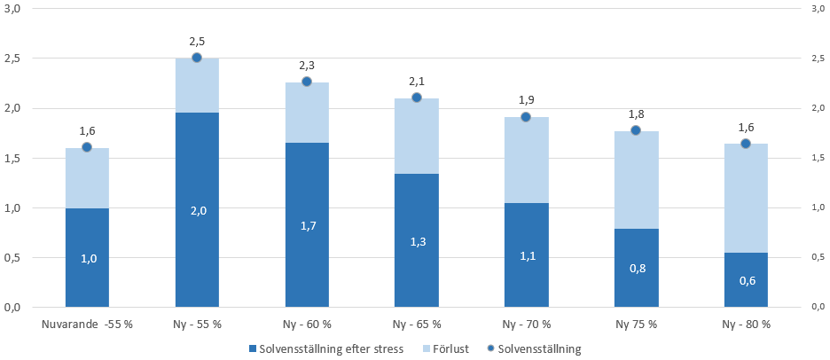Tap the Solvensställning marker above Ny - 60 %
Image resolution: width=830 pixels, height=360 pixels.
(307, 82)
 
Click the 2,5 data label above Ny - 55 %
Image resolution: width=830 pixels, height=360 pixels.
(197, 41)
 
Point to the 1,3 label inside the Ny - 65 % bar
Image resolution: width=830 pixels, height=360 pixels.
(416, 241)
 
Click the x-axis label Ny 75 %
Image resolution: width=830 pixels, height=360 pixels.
(636, 325)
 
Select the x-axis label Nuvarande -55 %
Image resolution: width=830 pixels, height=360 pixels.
(87, 325)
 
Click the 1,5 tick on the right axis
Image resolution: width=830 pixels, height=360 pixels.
(817, 158)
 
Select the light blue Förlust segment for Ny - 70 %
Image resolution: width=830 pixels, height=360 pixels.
(526, 160)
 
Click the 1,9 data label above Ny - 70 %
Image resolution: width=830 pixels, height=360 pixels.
(526, 99)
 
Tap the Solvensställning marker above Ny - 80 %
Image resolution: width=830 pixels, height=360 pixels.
(746, 144)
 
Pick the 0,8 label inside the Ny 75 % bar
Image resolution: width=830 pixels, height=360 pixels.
(636, 268)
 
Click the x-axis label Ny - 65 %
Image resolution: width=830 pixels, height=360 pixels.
(416, 325)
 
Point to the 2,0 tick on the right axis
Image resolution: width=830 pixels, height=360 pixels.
(817, 108)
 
